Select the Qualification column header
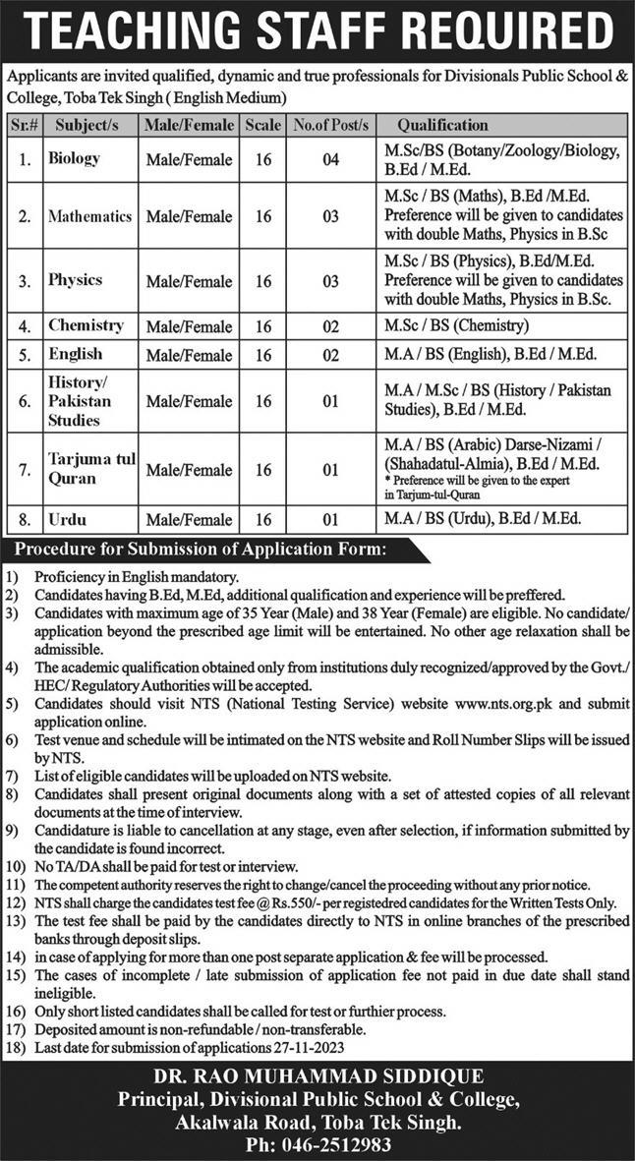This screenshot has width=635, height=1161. [x=441, y=125]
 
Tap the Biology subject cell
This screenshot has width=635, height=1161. [x=75, y=157]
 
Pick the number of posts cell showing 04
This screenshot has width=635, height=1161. [x=329, y=159]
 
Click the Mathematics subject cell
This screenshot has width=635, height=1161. [x=89, y=215]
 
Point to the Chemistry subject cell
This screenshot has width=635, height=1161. [x=86, y=325]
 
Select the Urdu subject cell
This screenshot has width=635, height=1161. [x=67, y=517]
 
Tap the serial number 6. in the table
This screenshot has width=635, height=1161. [x=22, y=401]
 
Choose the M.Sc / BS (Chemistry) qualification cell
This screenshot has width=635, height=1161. [x=457, y=326]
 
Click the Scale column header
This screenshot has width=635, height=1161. [x=261, y=125]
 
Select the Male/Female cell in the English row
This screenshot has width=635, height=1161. [x=189, y=355]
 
